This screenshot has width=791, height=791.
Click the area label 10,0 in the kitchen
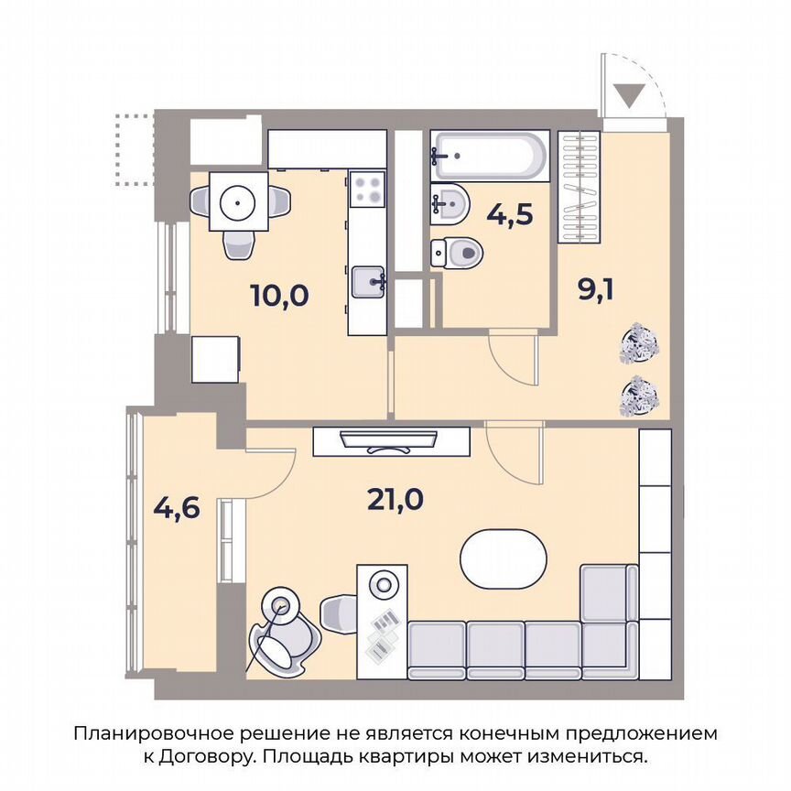pyautogui.click(x=280, y=296)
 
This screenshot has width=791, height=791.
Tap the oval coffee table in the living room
pyautogui.click(x=503, y=559)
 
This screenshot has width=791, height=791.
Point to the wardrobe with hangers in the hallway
pyautogui.click(x=580, y=189)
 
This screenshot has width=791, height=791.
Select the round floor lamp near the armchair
pyautogui.click(x=280, y=604)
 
